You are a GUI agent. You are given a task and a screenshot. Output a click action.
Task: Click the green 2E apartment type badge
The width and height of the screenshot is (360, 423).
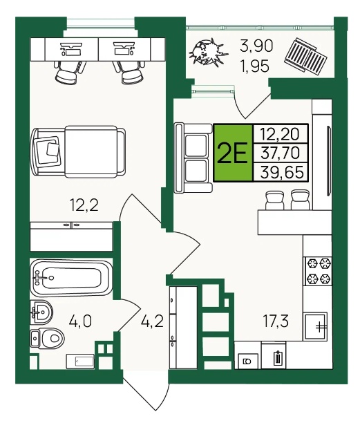[x=233, y=153]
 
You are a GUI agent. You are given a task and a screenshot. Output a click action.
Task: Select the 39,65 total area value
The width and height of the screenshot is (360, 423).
[x=282, y=172]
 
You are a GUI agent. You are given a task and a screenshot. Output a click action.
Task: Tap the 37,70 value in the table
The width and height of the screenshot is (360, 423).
[x=280, y=153]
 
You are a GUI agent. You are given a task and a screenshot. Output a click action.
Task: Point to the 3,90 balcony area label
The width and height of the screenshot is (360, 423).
[x=256, y=46]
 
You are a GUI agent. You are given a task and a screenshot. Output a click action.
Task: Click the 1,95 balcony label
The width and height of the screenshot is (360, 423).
[x=255, y=66]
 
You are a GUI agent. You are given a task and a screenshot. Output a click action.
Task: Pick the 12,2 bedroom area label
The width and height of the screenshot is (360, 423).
[x=84, y=205]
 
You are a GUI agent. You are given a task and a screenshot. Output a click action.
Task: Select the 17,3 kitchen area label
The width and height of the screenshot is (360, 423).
[x=276, y=321]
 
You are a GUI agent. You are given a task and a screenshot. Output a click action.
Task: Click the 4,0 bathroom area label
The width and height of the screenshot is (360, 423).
[x=80, y=321]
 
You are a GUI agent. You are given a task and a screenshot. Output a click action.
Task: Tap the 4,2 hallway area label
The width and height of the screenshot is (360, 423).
[x=152, y=321]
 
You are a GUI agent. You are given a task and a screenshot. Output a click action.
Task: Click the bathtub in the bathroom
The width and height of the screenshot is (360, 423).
[x=71, y=278]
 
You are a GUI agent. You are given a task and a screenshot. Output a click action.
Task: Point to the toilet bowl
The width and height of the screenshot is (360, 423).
[x=48, y=338]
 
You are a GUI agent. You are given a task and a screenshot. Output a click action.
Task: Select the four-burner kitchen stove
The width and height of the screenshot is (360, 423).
[x=319, y=271]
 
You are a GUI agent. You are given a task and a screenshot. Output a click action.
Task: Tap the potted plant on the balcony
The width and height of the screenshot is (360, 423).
[x=209, y=53]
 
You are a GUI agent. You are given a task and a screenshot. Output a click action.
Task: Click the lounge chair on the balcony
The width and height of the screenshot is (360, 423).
[x=305, y=54]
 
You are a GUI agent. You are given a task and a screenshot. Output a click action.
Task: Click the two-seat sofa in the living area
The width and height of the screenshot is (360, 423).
[x=193, y=158]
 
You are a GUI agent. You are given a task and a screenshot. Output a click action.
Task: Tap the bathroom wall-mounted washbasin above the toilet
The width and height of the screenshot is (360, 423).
[x=41, y=311]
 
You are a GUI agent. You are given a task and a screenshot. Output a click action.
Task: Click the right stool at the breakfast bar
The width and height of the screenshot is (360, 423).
[x=301, y=200]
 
